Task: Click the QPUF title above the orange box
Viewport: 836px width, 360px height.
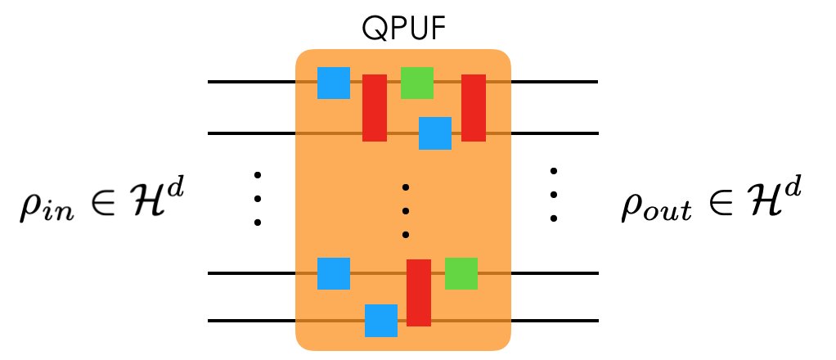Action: coord(402,29)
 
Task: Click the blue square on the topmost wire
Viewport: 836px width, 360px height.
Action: coord(334,83)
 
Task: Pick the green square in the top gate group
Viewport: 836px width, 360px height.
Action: coord(416,83)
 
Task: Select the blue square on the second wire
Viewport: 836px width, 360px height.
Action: coord(435,133)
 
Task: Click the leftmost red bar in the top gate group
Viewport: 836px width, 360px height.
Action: coord(375,108)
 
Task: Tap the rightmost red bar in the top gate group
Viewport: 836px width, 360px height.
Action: coord(474,108)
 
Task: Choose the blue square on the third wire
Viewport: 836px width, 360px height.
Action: coord(334,273)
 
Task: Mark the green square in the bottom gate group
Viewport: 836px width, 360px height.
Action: coord(461,273)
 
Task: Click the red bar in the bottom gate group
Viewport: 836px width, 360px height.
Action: coord(419,293)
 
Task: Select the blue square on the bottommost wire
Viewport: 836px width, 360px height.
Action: coord(381,321)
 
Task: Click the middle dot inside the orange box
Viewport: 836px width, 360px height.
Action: coord(405,211)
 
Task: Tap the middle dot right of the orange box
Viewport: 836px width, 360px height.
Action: coord(554,195)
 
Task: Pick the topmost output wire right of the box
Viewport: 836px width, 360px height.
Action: coord(554,82)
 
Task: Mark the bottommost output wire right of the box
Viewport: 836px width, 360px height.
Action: coord(554,321)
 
